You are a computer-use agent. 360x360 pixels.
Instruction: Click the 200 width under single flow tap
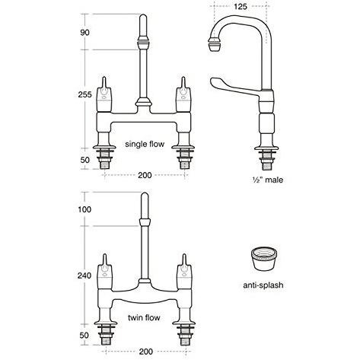[x=143, y=174]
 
